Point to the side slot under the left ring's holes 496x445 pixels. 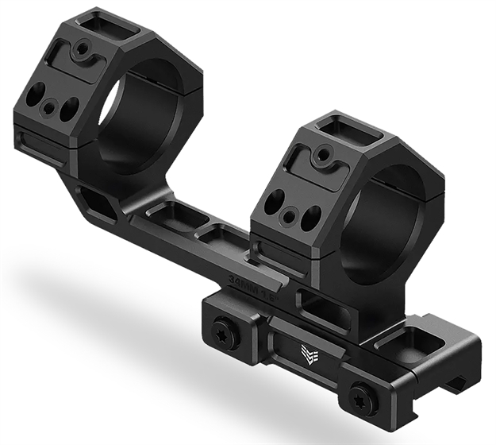click(40, 148)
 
